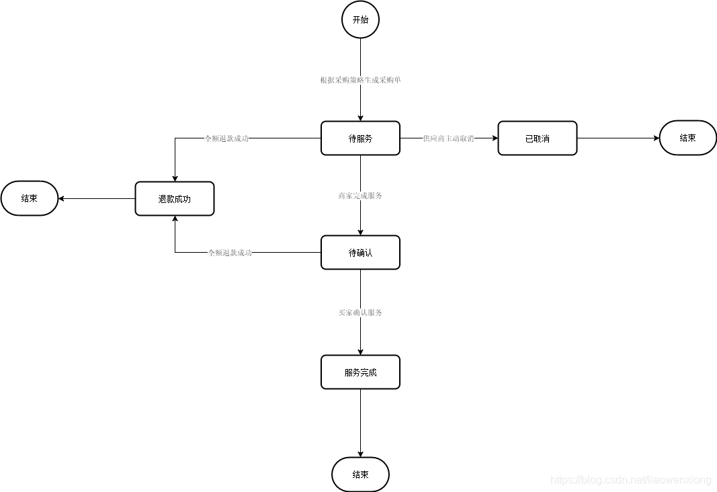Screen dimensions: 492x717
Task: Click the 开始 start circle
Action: pyautogui.click(x=360, y=19)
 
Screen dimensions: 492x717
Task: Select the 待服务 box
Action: pyautogui.click(x=360, y=138)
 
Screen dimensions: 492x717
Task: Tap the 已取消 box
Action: pyautogui.click(x=537, y=138)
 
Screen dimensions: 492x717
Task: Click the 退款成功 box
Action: pyautogui.click(x=175, y=199)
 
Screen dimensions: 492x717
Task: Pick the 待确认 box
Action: pyautogui.click(x=360, y=253)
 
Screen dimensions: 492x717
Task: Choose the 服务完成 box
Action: pyautogui.click(x=360, y=372)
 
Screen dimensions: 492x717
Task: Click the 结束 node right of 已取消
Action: pyautogui.click(x=687, y=138)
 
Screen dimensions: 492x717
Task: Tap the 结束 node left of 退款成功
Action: pyautogui.click(x=29, y=198)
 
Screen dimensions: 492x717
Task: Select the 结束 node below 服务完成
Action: pyautogui.click(x=360, y=475)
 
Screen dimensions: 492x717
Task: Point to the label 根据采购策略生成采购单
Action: pyautogui.click(x=361, y=80)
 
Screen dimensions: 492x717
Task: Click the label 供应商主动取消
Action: pyautogui.click(x=448, y=138)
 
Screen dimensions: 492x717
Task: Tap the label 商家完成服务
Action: pyautogui.click(x=361, y=196)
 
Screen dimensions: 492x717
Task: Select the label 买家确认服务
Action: pyautogui.click(x=361, y=313)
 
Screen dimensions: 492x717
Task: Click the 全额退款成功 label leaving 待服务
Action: pyautogui.click(x=226, y=138)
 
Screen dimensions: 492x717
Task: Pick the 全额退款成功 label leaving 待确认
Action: pyautogui.click(x=230, y=253)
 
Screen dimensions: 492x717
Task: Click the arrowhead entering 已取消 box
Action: pyautogui.click(x=494, y=138)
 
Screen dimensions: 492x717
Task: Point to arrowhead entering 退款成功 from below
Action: pyautogui.click(x=175, y=220)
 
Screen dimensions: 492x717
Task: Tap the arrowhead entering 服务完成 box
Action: pyautogui.click(x=361, y=352)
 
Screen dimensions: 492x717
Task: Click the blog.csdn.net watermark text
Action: pyautogui.click(x=630, y=480)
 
